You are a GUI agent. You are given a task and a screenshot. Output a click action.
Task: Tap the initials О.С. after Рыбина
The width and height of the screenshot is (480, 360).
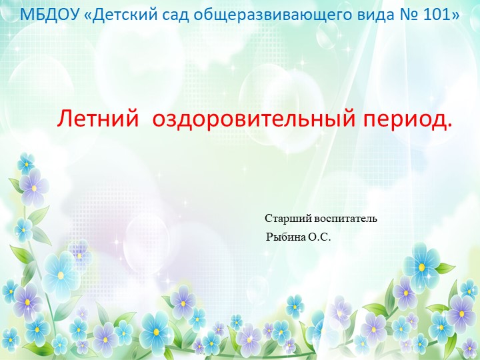click(x=319, y=237)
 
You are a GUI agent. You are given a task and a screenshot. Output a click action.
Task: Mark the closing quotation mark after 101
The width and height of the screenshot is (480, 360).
click(x=455, y=14)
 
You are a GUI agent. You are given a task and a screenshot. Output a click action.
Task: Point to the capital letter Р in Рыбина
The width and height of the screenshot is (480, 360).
click(x=269, y=237)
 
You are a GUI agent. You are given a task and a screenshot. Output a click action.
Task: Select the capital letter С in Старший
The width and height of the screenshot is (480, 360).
click(x=268, y=218)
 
